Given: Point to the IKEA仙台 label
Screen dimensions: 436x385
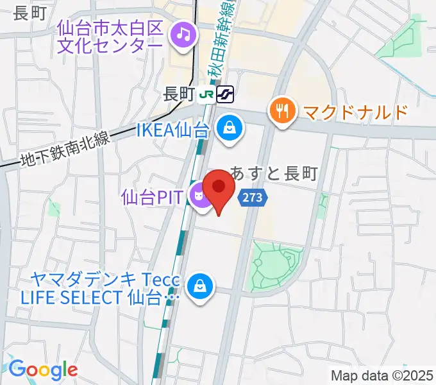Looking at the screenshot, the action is pos(173,130).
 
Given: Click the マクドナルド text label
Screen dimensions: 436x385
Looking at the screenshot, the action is pos(355,112).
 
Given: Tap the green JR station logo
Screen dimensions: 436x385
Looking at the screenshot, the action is pos(206,94).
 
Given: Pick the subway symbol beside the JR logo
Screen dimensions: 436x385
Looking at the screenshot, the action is pos(224,94).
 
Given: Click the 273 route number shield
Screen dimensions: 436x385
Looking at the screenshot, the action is pos(253,198).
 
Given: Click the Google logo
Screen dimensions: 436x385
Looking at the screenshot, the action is pos(42,369).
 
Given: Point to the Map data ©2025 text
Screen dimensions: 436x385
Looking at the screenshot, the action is pos(382,375).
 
